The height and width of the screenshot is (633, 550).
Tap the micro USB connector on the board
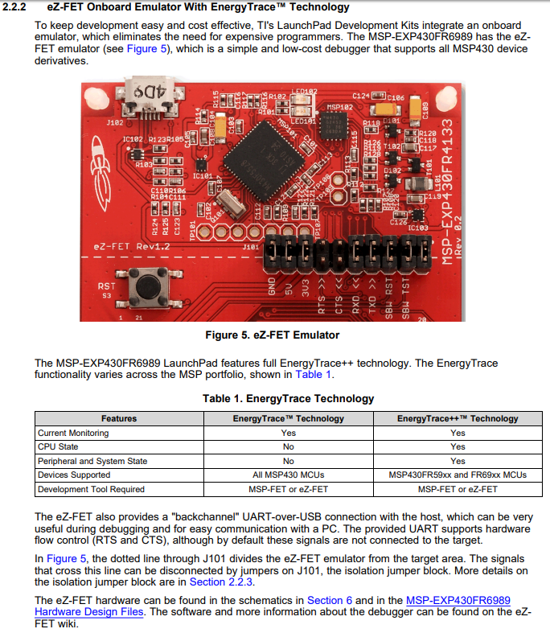click(x=150, y=93)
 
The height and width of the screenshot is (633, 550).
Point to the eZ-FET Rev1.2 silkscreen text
click(x=132, y=246)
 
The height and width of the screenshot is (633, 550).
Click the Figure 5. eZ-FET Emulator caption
click(x=273, y=335)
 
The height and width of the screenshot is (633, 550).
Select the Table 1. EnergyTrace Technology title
click(x=288, y=398)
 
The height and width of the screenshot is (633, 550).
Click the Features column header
click(x=119, y=418)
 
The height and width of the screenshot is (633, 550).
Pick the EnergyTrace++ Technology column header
click(x=458, y=418)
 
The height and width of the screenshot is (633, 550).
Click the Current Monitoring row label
click(x=73, y=433)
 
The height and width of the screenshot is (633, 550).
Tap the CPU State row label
click(x=58, y=446)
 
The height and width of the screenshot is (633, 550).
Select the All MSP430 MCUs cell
click(x=288, y=475)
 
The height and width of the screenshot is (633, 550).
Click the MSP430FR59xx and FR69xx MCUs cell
click(x=458, y=475)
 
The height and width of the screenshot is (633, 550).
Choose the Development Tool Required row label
click(x=91, y=489)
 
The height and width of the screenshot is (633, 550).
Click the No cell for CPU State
click(x=288, y=446)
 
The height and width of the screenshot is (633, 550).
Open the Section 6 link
click(x=330, y=600)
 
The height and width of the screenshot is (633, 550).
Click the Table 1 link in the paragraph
click(x=313, y=374)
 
